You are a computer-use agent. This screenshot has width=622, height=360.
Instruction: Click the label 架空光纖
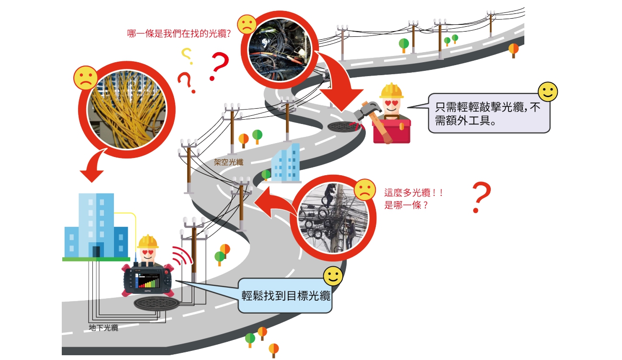point(228,162)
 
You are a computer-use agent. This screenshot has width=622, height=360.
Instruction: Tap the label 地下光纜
point(103,328)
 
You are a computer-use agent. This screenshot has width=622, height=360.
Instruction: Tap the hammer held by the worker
point(371,111)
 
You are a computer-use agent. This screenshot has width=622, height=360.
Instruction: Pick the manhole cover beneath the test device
point(157,303)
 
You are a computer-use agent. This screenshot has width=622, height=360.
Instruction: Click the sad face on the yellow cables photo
point(85,78)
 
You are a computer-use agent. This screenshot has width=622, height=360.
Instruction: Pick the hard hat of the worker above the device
point(147,241)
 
